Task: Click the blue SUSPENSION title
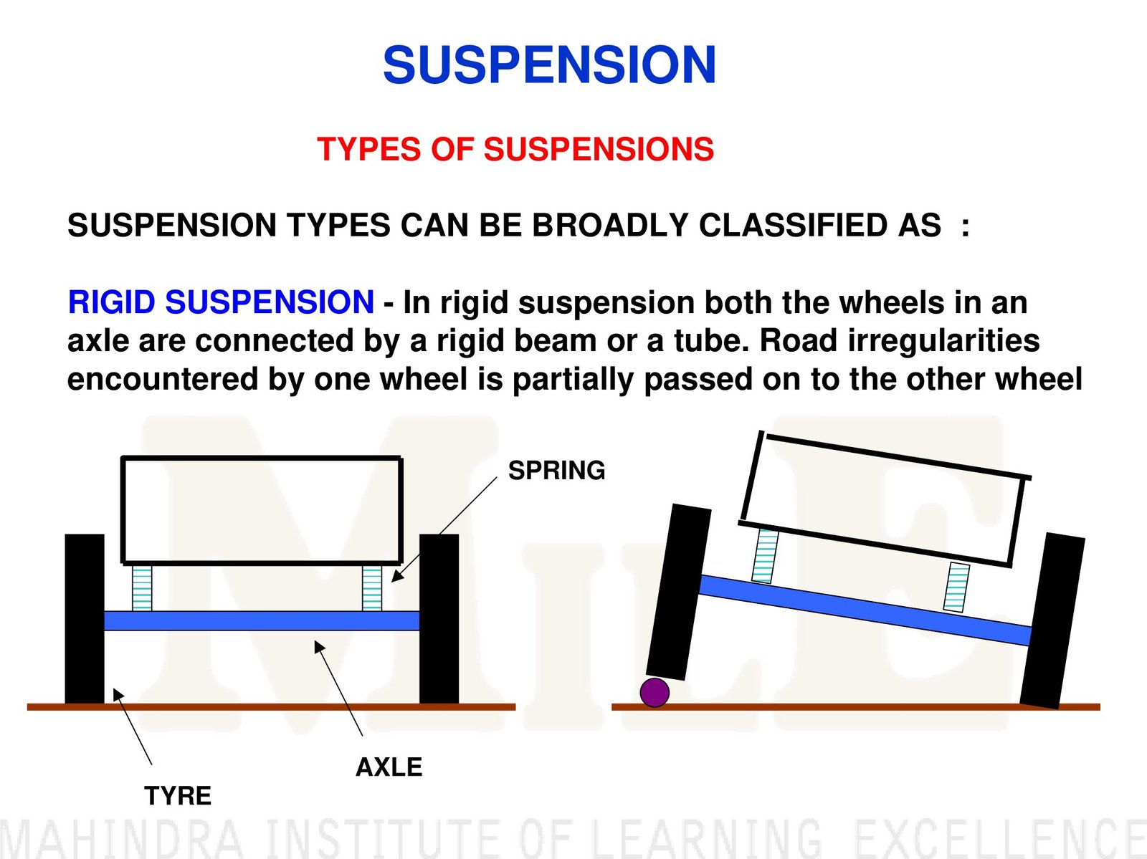tap(549, 65)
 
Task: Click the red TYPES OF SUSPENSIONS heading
tap(515, 149)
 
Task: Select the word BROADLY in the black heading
tap(609, 226)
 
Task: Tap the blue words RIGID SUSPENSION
tap(220, 302)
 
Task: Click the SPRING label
tap(556, 471)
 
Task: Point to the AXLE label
tap(389, 767)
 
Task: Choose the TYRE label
tap(178, 796)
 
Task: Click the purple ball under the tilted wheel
tap(655, 692)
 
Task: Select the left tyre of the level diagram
tap(85, 619)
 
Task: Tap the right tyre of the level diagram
tap(439, 619)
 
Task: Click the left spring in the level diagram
tap(142, 588)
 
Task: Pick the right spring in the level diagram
tap(372, 588)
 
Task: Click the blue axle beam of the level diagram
tap(262, 620)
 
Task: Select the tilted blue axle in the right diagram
tap(864, 609)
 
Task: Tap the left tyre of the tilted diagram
tap(678, 591)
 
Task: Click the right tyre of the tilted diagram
tap(1052, 620)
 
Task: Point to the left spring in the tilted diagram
tap(766, 555)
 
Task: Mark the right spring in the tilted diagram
tap(956, 587)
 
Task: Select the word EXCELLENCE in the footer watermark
tap(1000, 838)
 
